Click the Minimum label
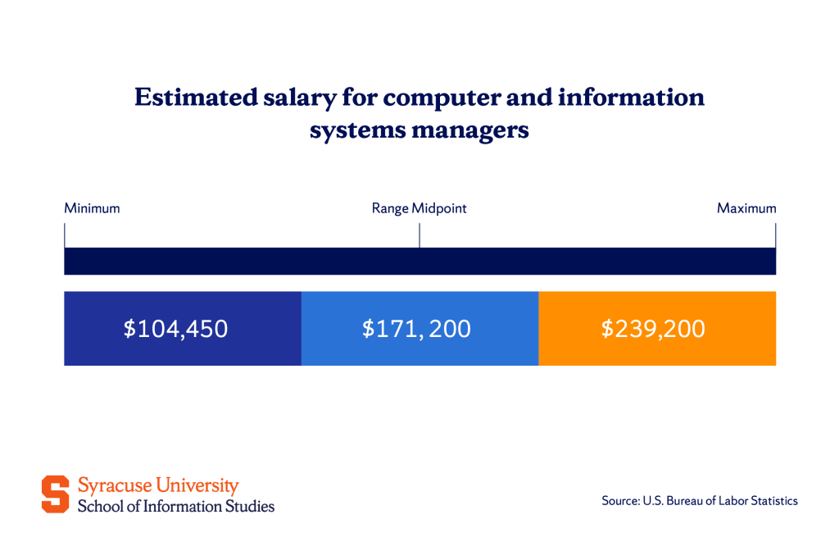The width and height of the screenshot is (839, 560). [x=92, y=208]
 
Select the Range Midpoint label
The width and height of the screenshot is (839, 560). [x=419, y=208]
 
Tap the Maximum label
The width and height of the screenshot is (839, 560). [x=746, y=208]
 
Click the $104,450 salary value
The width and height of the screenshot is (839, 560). [x=175, y=329]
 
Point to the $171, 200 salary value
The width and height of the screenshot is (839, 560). [x=416, y=329]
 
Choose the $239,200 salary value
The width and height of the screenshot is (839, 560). [x=653, y=329]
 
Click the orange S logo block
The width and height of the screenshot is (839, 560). [x=56, y=494]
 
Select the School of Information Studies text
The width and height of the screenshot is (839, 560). [x=176, y=506]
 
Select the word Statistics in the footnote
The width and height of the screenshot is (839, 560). [x=772, y=500]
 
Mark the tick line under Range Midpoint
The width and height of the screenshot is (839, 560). [x=419, y=236]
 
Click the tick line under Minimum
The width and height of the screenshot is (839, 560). [x=65, y=236]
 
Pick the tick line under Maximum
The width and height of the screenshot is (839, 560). [x=775, y=236]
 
